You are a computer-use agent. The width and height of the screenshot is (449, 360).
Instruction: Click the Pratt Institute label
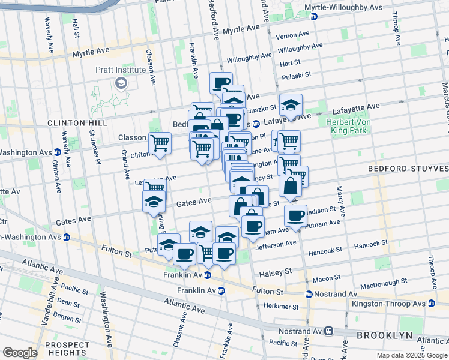tap(121, 70)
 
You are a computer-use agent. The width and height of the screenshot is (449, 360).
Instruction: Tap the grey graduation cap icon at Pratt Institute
tap(121, 82)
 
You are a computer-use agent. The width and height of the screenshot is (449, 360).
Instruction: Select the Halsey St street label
tap(275, 273)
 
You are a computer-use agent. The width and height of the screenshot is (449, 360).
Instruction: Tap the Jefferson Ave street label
tap(276, 245)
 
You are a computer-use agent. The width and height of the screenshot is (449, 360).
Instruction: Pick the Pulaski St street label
tap(296, 75)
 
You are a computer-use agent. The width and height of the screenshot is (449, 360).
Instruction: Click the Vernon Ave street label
tap(292, 36)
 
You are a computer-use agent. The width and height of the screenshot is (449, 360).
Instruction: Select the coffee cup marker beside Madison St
tap(295, 216)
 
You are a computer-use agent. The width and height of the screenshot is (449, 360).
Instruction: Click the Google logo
tap(20, 353)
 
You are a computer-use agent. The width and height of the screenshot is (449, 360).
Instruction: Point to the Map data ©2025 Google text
tap(412, 355)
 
